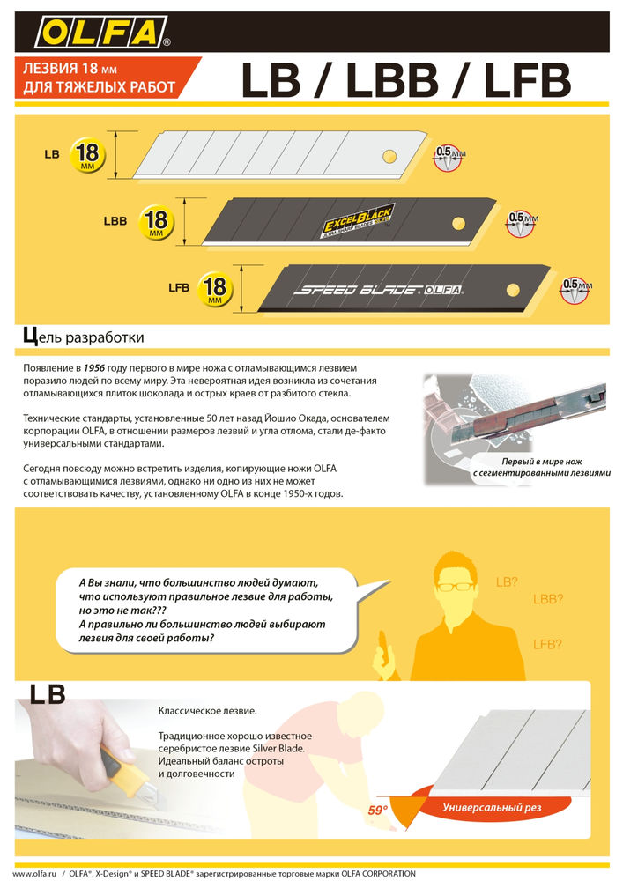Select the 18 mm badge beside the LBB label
point(156,221)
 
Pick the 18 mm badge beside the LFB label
point(214,288)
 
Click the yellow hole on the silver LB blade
point(388,156)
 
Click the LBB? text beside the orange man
point(547,600)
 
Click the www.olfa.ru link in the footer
point(33,873)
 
